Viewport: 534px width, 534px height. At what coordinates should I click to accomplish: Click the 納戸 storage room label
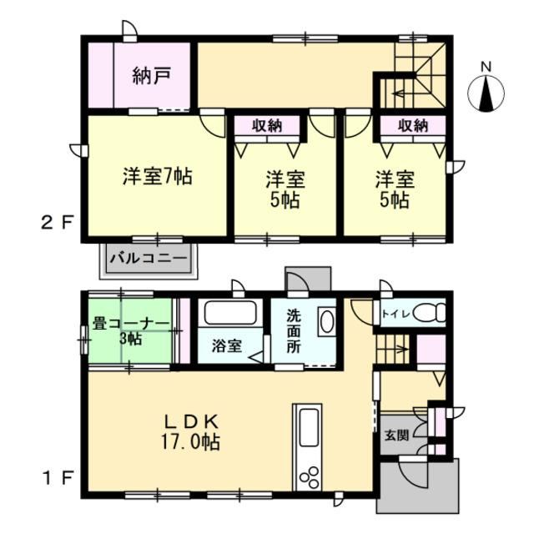click(x=151, y=76)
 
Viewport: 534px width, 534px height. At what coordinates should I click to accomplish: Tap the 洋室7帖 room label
click(x=158, y=176)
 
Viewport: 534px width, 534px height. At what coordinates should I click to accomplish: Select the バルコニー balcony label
click(x=149, y=258)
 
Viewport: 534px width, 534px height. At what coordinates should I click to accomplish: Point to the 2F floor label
click(x=58, y=224)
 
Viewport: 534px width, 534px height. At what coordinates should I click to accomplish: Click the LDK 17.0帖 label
click(x=191, y=432)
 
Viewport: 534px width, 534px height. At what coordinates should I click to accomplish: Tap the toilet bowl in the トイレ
click(x=431, y=312)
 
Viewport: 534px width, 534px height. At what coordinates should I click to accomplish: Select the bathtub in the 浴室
click(x=230, y=313)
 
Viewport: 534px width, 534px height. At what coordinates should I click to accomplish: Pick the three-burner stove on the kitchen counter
click(x=310, y=476)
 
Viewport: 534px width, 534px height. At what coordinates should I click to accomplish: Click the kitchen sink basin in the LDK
click(x=309, y=427)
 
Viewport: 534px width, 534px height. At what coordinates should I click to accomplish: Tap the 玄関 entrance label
click(x=396, y=435)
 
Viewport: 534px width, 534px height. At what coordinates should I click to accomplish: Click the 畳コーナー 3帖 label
click(x=131, y=330)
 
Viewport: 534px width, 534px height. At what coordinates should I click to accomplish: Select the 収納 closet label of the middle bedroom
click(x=267, y=126)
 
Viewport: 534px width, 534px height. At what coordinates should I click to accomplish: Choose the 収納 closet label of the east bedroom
click(x=413, y=126)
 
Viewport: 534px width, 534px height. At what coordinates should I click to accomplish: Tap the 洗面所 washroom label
click(x=294, y=331)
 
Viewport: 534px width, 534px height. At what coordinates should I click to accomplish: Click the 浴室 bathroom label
click(x=227, y=346)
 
